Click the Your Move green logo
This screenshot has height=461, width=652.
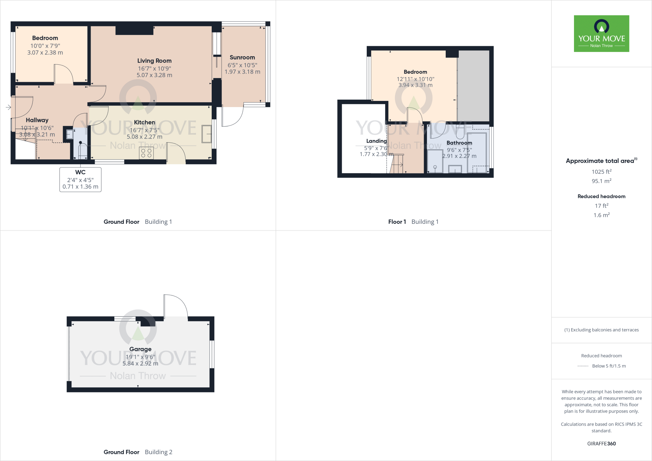click(x=601, y=33)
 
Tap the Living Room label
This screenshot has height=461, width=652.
click(x=154, y=61)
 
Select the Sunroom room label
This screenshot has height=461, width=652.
click(x=242, y=58)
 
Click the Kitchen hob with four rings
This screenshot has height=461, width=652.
click(x=146, y=153)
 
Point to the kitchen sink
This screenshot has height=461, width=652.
click(x=206, y=134)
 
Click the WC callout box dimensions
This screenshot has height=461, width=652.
click(x=80, y=183)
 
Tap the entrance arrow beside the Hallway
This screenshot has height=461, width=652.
click(x=8, y=107)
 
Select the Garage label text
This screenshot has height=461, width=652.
click(x=140, y=349)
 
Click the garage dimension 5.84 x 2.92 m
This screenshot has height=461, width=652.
click(x=140, y=364)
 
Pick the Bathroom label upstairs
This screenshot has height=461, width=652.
click(x=459, y=143)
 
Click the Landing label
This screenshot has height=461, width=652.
click(x=376, y=141)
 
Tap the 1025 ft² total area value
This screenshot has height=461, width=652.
click(x=601, y=172)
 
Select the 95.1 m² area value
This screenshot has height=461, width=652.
click(x=601, y=181)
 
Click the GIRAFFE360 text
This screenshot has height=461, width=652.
click(x=601, y=443)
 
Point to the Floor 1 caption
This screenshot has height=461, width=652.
click(x=397, y=222)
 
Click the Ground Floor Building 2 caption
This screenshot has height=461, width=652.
click(x=138, y=452)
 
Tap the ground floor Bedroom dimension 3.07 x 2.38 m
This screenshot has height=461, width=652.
click(x=45, y=53)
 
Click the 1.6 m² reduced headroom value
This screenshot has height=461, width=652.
click(x=601, y=215)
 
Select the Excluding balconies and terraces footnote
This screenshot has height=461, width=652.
click(x=601, y=330)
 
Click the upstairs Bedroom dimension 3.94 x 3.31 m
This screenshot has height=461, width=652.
click(x=415, y=85)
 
